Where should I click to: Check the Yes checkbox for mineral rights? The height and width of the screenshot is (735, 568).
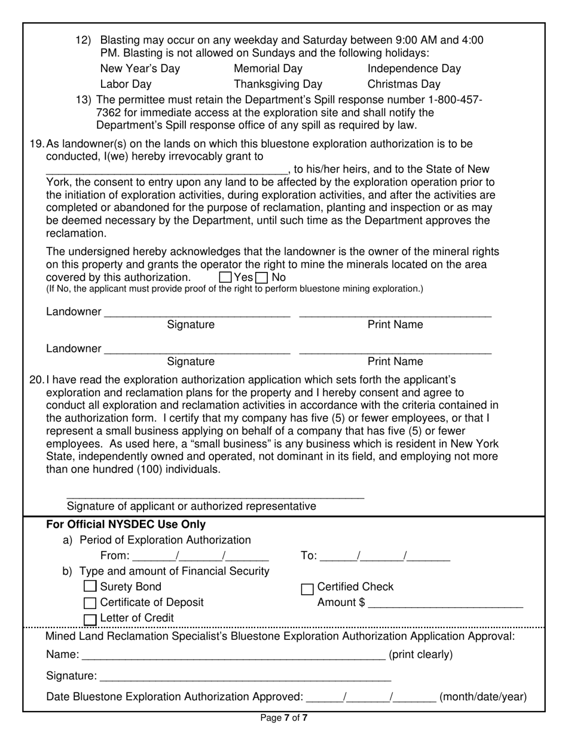[x=225, y=277]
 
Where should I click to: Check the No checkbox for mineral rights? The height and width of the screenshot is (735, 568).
[x=261, y=277]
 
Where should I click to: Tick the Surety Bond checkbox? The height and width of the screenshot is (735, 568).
[x=90, y=586]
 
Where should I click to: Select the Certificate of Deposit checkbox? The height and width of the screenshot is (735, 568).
[x=90, y=602]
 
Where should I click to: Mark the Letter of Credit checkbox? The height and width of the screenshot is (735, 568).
[x=90, y=619]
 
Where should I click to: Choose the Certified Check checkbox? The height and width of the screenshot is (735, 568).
[x=307, y=589]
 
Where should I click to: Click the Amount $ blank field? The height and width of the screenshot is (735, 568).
[x=445, y=602]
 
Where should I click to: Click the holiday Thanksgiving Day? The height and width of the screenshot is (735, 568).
[x=277, y=84]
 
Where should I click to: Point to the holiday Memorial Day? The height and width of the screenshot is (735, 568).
[x=268, y=68]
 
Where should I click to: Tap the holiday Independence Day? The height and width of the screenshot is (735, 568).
[x=414, y=68]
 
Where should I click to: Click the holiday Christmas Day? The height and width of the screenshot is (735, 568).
[x=404, y=84]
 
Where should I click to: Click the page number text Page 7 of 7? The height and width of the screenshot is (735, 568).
[x=284, y=718]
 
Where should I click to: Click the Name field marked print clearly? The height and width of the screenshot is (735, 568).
[x=233, y=654]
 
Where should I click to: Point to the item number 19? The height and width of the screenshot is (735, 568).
[x=36, y=143]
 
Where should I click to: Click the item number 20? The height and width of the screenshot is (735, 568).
[x=36, y=379]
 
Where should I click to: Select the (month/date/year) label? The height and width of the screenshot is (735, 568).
[x=483, y=696]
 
